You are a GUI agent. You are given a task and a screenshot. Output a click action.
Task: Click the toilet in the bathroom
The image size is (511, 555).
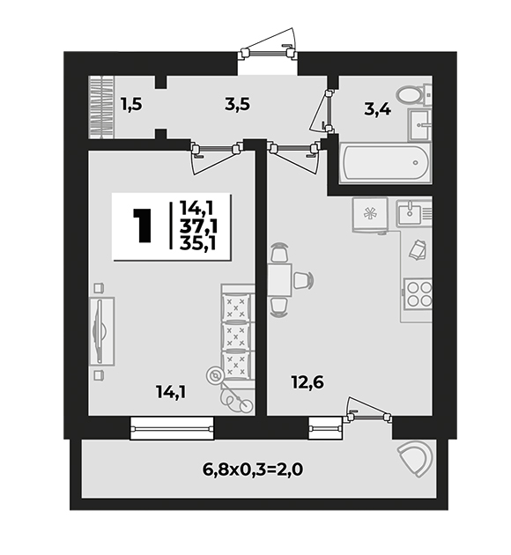[413, 94]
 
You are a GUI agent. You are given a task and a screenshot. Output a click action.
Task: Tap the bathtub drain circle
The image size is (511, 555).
[416, 163]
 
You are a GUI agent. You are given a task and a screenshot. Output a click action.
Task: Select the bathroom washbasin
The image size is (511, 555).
[419, 124]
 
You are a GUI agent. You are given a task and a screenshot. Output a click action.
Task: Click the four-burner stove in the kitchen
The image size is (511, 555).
[418, 293]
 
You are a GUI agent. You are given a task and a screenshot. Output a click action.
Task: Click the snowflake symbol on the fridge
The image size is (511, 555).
[371, 214]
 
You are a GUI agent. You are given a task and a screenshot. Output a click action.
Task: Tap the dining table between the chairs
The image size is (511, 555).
[279, 279]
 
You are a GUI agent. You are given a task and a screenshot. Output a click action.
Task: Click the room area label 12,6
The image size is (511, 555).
[307, 382]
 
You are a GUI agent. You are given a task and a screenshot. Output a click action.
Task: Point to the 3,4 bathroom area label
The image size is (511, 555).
[378, 109]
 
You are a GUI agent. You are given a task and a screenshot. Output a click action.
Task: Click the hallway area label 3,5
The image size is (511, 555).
[238, 105]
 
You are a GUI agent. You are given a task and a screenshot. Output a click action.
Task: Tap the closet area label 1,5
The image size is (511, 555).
[131, 105]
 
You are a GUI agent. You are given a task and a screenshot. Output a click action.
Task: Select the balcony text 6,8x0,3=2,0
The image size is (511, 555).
[253, 470]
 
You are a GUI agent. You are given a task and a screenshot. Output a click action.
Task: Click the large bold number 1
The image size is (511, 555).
[142, 226]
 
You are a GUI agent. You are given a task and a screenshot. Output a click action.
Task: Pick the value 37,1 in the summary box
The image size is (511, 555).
[198, 226]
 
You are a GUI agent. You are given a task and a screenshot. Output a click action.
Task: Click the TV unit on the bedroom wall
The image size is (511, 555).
[101, 331]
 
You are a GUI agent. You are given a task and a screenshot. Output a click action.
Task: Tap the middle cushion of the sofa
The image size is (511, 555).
[236, 335]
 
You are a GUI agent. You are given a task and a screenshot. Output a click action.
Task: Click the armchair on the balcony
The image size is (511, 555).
[416, 460]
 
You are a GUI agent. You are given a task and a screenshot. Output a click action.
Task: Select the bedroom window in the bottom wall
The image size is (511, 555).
[172, 429]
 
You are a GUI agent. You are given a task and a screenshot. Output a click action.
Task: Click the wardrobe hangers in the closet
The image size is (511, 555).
[101, 107]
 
